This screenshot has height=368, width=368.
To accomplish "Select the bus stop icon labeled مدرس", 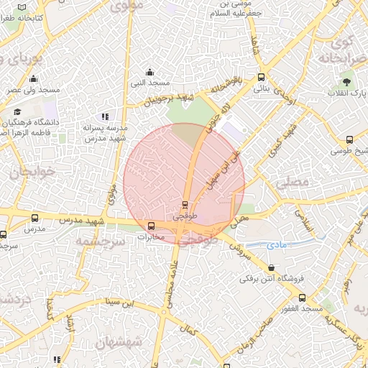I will pos(34,218).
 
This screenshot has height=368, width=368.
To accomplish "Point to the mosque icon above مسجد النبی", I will pos(149,71).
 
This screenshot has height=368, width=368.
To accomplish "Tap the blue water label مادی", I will pos(276,245).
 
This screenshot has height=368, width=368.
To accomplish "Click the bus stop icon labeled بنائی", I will pos(260,76).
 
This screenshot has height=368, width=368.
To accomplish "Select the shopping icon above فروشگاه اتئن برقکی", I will pos(270,267).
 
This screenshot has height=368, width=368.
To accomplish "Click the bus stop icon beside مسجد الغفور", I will pos(303,297).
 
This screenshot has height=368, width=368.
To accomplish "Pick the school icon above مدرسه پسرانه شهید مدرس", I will pos(105,116).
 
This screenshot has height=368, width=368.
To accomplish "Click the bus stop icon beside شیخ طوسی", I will pos(349,139).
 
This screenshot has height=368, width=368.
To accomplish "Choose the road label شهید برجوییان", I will pos(168,100).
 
